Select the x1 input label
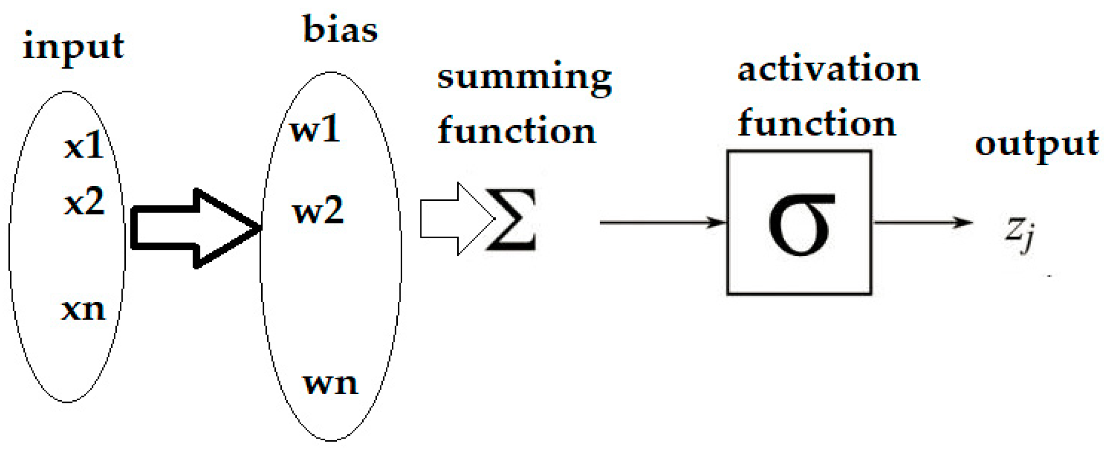click(84, 146)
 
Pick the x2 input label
click(84, 201)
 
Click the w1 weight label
click(315, 130)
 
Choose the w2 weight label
click(318, 210)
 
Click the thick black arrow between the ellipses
click(195, 228)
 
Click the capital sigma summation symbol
click(512, 220)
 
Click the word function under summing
click(516, 131)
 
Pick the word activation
click(828, 69)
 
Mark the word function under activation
click(817, 123)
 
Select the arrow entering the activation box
click(662, 222)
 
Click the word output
click(1036, 144)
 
